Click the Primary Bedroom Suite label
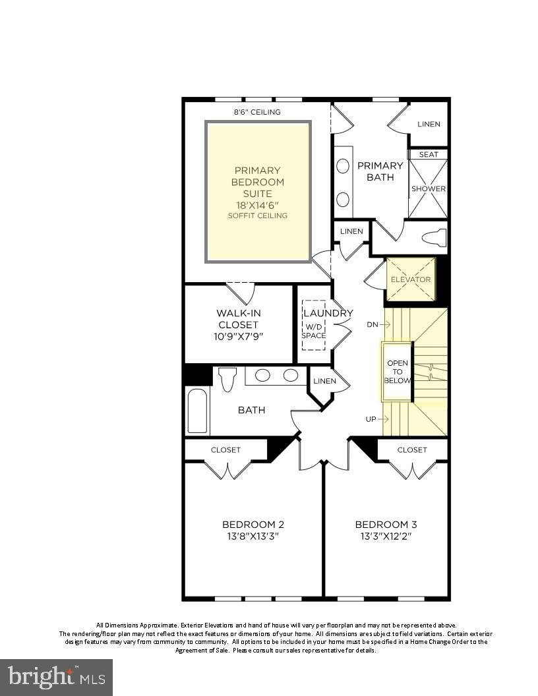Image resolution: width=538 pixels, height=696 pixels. (257, 181)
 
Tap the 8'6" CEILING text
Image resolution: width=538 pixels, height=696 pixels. (257, 112)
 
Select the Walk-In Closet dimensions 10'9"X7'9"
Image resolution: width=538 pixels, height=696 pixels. (237, 336)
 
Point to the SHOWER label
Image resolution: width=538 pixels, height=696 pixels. (429, 188)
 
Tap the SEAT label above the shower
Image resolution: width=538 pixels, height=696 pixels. (429, 154)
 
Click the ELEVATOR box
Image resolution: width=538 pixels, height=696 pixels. (411, 279)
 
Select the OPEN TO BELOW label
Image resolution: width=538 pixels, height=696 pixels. (398, 372)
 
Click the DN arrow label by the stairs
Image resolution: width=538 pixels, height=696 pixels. (373, 324)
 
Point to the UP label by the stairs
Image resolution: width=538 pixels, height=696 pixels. (371, 419)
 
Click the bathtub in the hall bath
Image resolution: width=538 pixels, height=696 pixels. (198, 411)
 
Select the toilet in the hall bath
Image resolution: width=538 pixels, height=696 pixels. (227, 379)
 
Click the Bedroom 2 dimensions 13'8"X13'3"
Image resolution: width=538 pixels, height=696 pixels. (253, 536)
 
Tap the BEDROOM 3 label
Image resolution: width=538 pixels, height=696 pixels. (386, 525)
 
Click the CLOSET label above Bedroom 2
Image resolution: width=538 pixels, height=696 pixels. (225, 450)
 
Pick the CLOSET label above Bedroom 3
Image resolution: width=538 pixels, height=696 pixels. (412, 450)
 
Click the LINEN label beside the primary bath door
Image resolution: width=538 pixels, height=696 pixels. (351, 231)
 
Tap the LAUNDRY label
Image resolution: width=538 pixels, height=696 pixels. (328, 313)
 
